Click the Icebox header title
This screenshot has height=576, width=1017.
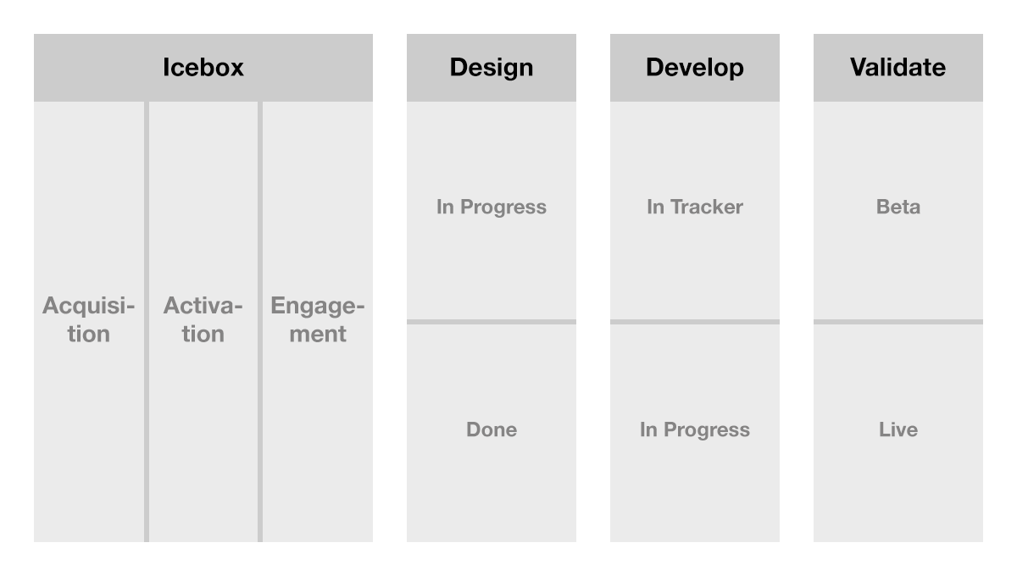tap(203, 67)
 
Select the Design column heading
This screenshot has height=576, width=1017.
tap(492, 68)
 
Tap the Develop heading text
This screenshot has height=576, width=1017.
tap(695, 68)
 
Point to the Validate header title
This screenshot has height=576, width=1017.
tap(898, 67)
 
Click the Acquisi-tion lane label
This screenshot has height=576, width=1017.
tap(88, 319)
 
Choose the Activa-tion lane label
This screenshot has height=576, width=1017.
tap(203, 319)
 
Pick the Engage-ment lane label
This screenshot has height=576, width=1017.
tap(317, 319)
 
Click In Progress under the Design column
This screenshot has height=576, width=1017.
tap(492, 208)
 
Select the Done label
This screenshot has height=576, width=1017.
tap(492, 429)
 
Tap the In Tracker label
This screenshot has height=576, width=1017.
tap(695, 207)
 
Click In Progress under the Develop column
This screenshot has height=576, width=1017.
tap(695, 430)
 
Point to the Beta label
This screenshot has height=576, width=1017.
tap(898, 207)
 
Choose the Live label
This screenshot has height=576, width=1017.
tap(898, 429)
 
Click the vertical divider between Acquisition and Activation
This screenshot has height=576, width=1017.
tap(147, 321)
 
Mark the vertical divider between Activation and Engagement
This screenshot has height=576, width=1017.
tap(260, 321)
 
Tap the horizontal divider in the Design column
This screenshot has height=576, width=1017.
tap(492, 322)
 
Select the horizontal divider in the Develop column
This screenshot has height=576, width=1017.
tap(695, 322)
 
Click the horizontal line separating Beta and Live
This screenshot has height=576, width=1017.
tap(898, 322)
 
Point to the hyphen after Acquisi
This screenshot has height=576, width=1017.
tap(129, 307)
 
